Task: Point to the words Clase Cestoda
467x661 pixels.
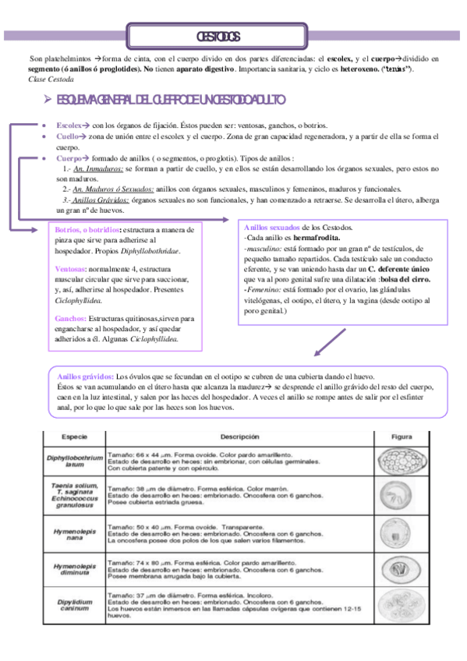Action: tap(51, 79)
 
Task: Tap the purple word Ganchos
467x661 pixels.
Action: tap(70, 319)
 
